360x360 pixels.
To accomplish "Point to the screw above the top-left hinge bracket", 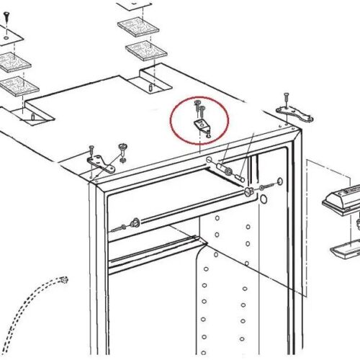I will pos(91,150).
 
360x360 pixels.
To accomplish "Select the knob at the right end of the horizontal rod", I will pos(249,192).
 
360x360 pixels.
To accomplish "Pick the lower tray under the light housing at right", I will pos(346,250).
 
